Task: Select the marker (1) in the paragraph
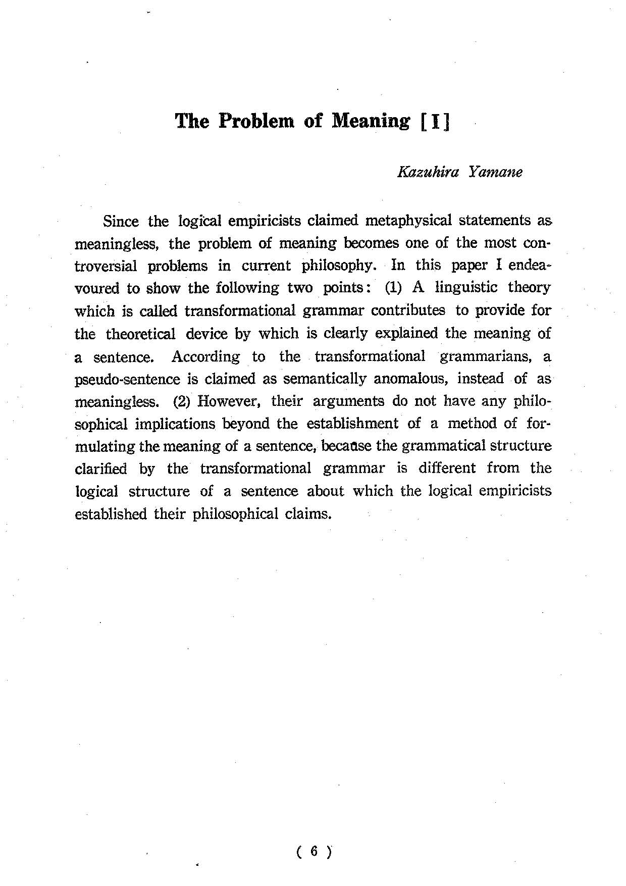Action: (393, 288)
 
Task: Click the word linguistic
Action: (466, 288)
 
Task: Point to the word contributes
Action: (408, 310)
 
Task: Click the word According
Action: (205, 356)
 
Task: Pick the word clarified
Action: (101, 469)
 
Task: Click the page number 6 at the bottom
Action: (313, 852)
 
